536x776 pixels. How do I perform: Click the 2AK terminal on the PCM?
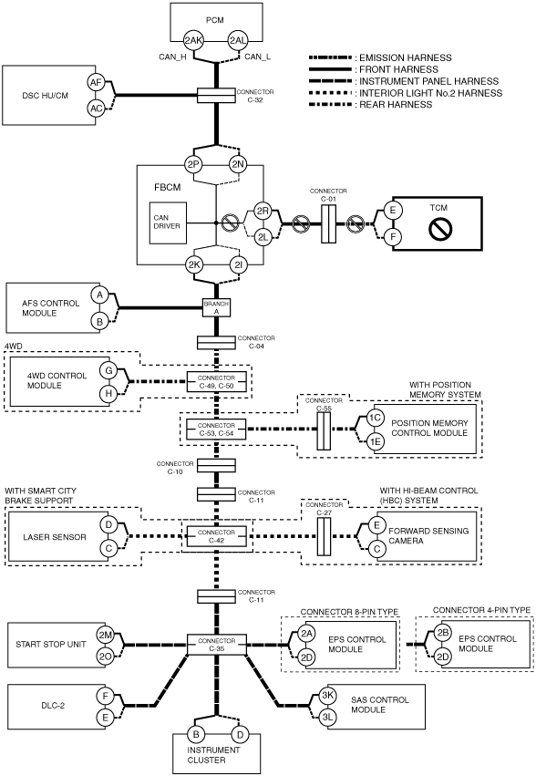(193, 41)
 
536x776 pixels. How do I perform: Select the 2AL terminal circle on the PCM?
(238, 41)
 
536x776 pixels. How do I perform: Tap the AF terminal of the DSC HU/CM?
(96, 82)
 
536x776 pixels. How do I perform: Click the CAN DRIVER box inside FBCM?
(168, 222)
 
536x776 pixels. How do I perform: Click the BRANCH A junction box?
(216, 308)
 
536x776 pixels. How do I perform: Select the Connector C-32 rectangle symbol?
(216, 96)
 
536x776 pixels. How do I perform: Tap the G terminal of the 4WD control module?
(108, 370)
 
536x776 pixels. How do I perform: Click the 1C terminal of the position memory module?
(376, 418)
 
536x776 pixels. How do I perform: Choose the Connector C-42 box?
(216, 536)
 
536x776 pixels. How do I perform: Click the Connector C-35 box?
(216, 645)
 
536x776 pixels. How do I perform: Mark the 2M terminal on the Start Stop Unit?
(105, 635)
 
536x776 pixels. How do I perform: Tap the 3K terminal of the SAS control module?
(327, 695)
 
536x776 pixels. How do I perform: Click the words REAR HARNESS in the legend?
(396, 105)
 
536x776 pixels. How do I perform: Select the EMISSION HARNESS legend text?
(406, 57)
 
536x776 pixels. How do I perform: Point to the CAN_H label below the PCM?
(172, 57)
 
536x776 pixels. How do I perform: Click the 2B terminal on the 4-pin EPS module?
(442, 632)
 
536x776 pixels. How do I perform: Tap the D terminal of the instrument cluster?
(240, 734)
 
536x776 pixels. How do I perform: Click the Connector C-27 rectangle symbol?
(325, 536)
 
